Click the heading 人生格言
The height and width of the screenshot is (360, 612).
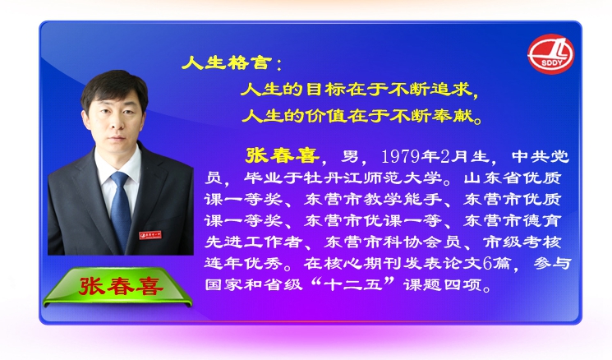(x=227, y=62)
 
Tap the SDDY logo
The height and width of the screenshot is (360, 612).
(x=550, y=54)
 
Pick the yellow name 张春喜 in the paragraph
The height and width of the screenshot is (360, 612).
(x=282, y=155)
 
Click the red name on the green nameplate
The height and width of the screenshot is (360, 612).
(x=121, y=286)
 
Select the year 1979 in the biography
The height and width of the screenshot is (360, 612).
(x=400, y=156)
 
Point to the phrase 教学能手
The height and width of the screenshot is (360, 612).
(x=403, y=200)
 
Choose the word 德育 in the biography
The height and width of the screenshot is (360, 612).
(x=541, y=221)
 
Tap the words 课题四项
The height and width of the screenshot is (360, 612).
(x=443, y=284)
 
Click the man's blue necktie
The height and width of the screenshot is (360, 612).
(x=121, y=210)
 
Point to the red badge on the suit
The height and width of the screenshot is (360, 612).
(x=150, y=235)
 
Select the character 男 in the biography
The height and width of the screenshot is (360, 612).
(x=350, y=156)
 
